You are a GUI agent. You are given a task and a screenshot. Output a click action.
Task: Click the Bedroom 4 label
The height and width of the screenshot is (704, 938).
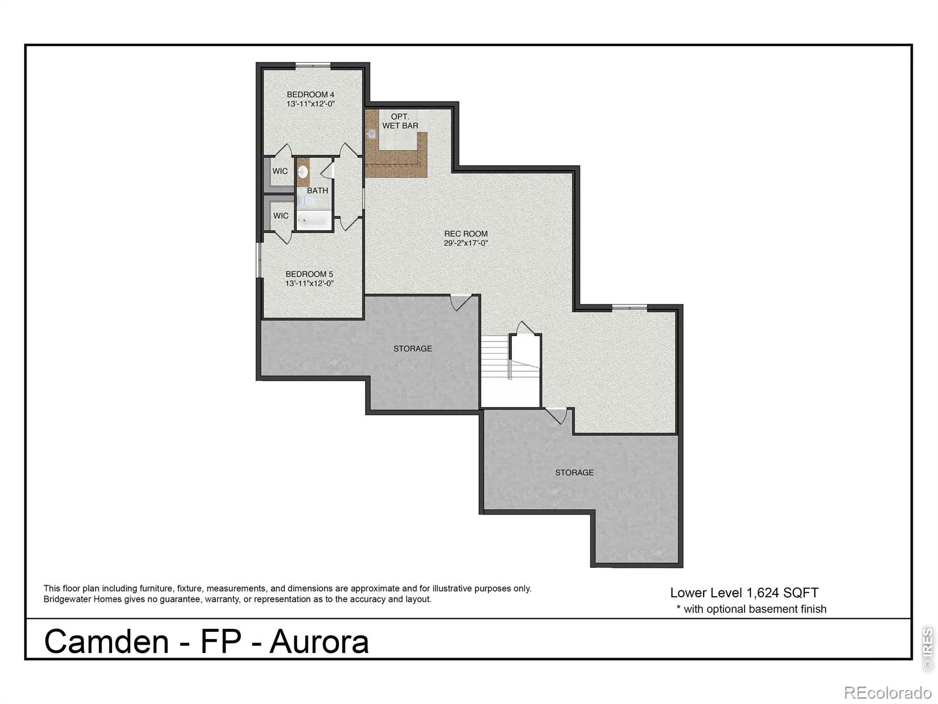(310, 94)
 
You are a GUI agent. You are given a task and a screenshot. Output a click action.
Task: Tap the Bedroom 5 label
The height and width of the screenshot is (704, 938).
(309, 274)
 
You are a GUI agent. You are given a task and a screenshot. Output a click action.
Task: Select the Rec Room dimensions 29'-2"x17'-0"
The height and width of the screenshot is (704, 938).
(465, 243)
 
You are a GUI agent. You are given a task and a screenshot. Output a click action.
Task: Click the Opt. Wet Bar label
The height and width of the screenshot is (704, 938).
(400, 121)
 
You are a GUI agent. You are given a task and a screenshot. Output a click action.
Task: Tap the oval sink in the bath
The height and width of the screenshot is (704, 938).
(303, 172)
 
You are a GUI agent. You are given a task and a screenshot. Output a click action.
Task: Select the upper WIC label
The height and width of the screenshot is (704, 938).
(280, 171)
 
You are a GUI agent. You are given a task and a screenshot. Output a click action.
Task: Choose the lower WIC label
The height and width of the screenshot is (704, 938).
(280, 216)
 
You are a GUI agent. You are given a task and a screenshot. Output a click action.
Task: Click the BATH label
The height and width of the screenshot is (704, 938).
(317, 191)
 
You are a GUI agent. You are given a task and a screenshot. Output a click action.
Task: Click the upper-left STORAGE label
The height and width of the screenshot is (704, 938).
(412, 348)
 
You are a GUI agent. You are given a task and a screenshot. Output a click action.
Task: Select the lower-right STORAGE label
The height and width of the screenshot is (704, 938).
(574, 472)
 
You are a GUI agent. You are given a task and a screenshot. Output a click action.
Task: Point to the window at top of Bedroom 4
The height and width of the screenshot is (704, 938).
(312, 65)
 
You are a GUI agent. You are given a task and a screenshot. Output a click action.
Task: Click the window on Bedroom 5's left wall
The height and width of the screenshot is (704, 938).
(259, 260)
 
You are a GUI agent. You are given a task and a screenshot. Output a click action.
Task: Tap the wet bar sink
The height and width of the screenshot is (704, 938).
(371, 134)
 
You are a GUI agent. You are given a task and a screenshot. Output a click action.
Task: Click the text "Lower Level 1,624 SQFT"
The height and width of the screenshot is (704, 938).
(744, 593)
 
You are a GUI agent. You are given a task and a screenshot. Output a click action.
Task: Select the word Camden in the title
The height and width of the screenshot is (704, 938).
(106, 641)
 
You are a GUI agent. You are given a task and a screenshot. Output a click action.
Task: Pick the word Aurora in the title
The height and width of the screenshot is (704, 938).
(319, 641)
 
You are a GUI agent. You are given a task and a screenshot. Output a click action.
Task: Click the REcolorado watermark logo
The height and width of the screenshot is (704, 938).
(887, 692)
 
